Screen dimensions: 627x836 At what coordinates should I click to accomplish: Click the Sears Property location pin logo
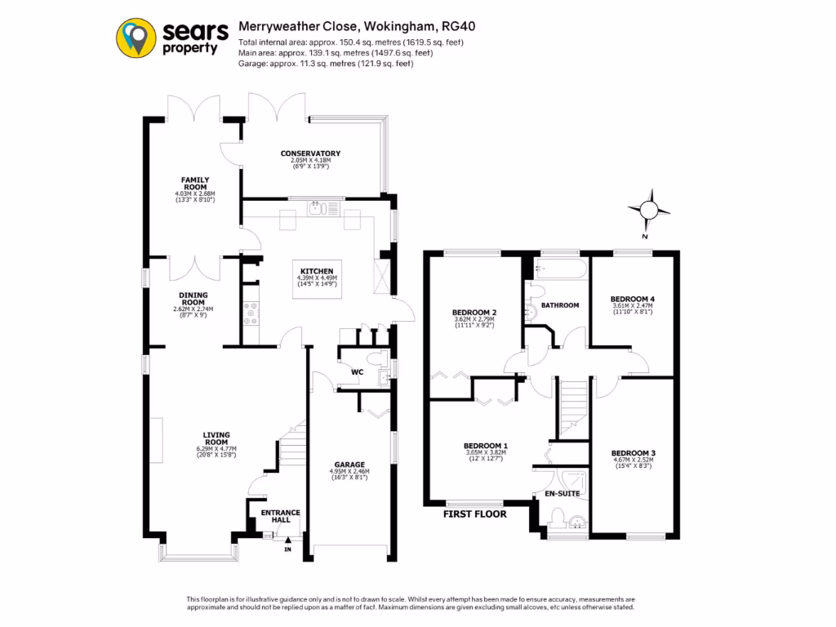point(137,38)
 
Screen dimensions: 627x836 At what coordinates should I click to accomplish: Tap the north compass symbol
point(649,209)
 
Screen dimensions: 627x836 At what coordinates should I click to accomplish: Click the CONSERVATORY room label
point(310,153)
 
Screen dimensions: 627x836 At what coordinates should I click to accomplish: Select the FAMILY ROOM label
point(195,183)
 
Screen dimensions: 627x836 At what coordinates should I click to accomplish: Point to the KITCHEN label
point(317,271)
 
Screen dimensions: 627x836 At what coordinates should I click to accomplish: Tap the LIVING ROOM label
point(216,438)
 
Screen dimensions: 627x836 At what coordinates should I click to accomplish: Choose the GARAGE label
point(349,464)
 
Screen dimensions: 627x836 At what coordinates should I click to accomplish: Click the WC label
point(357,373)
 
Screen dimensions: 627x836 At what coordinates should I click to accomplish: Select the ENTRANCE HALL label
point(281,516)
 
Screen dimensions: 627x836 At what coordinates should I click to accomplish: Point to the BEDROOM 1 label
point(486,446)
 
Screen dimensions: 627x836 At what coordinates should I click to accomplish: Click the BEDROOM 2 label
point(474,312)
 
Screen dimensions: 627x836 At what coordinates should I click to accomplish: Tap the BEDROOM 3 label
point(633,453)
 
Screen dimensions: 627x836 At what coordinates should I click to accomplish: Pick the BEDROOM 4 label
point(633,299)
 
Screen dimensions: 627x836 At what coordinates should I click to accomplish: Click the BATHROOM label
point(560,305)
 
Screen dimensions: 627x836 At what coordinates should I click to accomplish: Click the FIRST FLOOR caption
point(474,514)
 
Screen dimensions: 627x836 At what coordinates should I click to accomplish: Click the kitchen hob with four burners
point(251,313)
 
